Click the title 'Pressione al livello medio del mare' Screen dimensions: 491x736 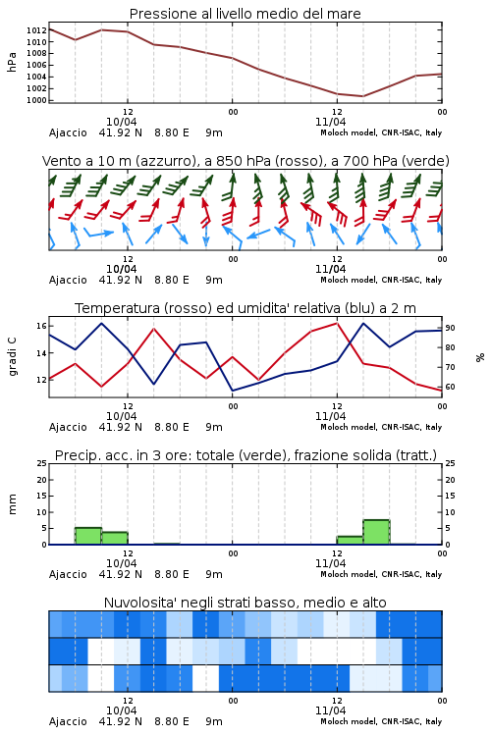[x=245, y=14]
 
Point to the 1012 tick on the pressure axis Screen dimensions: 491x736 [x=36, y=30]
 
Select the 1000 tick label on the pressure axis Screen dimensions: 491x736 [x=36, y=100]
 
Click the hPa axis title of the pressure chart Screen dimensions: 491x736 [x=12, y=62]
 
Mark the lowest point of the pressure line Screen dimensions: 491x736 [x=362, y=96]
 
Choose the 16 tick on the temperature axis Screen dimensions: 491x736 [x=41, y=326]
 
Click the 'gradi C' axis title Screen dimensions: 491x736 [x=12, y=357]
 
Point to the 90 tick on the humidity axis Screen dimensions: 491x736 [x=450, y=328]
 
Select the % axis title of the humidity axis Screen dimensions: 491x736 [x=480, y=357]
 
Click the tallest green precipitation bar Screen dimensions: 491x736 [x=376, y=532]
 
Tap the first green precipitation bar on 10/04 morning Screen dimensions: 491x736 [x=88, y=536]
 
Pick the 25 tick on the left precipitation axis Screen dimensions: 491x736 [x=41, y=463]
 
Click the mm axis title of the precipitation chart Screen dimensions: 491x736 [x=12, y=504]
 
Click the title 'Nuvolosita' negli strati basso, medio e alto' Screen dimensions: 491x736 [x=245, y=603]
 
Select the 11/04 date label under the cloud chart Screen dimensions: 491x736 [x=330, y=710]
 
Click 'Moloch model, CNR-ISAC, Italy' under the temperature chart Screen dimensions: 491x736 [x=381, y=427]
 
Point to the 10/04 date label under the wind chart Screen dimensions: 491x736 [x=121, y=269]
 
